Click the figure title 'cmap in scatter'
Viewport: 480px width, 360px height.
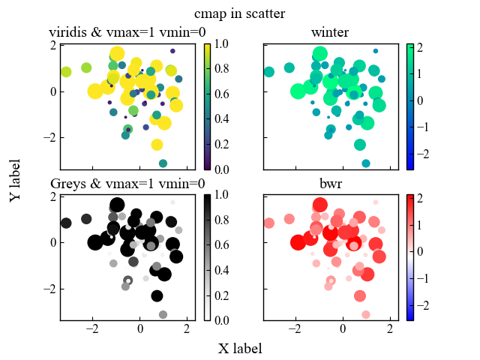point(239,14)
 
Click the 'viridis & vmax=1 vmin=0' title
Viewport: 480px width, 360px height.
point(127,32)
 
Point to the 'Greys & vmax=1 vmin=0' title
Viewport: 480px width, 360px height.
point(127,184)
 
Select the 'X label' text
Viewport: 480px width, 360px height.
point(240,349)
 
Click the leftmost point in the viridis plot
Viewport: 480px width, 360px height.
point(66,72)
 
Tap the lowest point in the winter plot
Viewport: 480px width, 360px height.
point(366,163)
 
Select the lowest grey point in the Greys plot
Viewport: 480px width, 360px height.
point(163,314)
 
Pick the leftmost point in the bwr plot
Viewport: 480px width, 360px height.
point(269,223)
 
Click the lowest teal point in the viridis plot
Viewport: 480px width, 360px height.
point(163,163)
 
